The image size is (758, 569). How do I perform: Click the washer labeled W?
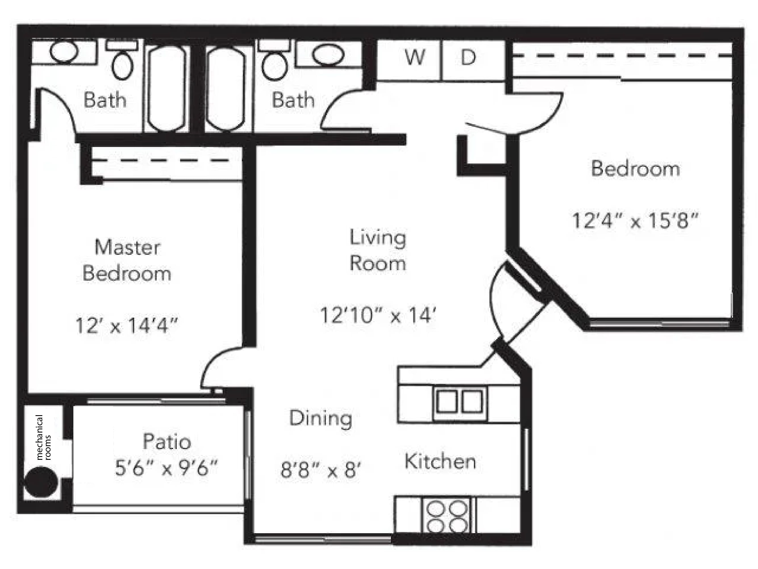pyautogui.click(x=409, y=60)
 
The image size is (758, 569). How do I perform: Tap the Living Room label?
pyautogui.click(x=378, y=250)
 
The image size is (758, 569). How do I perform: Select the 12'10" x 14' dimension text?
pyautogui.click(x=378, y=315)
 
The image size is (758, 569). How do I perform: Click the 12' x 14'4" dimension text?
pyautogui.click(x=126, y=325)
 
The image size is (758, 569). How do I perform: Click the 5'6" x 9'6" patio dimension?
pyautogui.click(x=166, y=467)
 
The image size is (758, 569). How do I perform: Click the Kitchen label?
pyautogui.click(x=440, y=461)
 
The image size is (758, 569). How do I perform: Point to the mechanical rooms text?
pyautogui.click(x=43, y=437)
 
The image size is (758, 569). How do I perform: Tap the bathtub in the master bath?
pyautogui.click(x=166, y=88)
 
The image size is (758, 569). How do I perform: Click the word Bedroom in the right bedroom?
pyautogui.click(x=635, y=168)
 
